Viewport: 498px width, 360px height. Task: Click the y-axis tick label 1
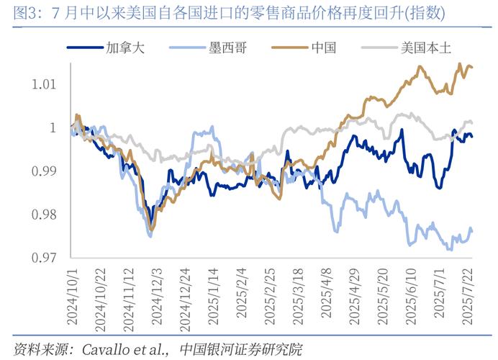click(52, 128)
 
